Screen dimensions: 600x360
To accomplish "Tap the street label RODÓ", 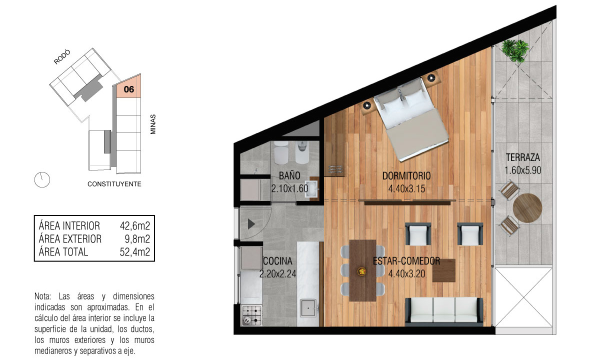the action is (62, 57).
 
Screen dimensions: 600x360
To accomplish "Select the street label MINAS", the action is (153, 124).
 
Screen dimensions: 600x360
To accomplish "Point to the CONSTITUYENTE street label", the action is (114, 184).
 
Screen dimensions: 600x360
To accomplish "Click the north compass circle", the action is (42, 179).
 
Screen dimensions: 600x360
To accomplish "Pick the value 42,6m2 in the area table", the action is (134, 226).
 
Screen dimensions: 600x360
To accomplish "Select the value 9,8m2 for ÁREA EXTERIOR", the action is (137, 239).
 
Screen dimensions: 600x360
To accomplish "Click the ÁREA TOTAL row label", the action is (63, 252).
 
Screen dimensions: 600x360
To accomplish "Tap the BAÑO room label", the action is (289, 175).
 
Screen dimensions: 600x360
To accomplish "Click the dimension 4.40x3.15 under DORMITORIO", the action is (406, 189).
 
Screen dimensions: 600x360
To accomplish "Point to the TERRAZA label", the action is (523, 157).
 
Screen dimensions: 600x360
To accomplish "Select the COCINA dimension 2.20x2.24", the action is (278, 274).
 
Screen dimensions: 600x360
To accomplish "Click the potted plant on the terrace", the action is (515, 51).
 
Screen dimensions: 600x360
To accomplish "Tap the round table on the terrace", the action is (527, 208).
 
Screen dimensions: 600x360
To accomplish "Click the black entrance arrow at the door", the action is (251, 224).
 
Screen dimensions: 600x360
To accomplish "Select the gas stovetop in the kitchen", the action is (252, 315).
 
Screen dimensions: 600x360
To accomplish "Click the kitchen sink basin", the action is (308, 308).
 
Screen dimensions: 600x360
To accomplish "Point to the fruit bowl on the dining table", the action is (362, 271).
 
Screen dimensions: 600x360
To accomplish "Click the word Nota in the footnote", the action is (42, 296).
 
